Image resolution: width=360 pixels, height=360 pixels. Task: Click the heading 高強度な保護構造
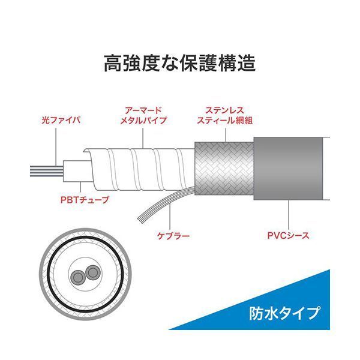(180, 62)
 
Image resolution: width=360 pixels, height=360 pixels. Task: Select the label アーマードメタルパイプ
(142, 115)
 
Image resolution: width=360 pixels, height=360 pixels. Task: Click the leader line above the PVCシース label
(289, 213)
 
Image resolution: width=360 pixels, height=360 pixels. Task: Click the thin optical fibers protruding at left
(45, 169)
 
